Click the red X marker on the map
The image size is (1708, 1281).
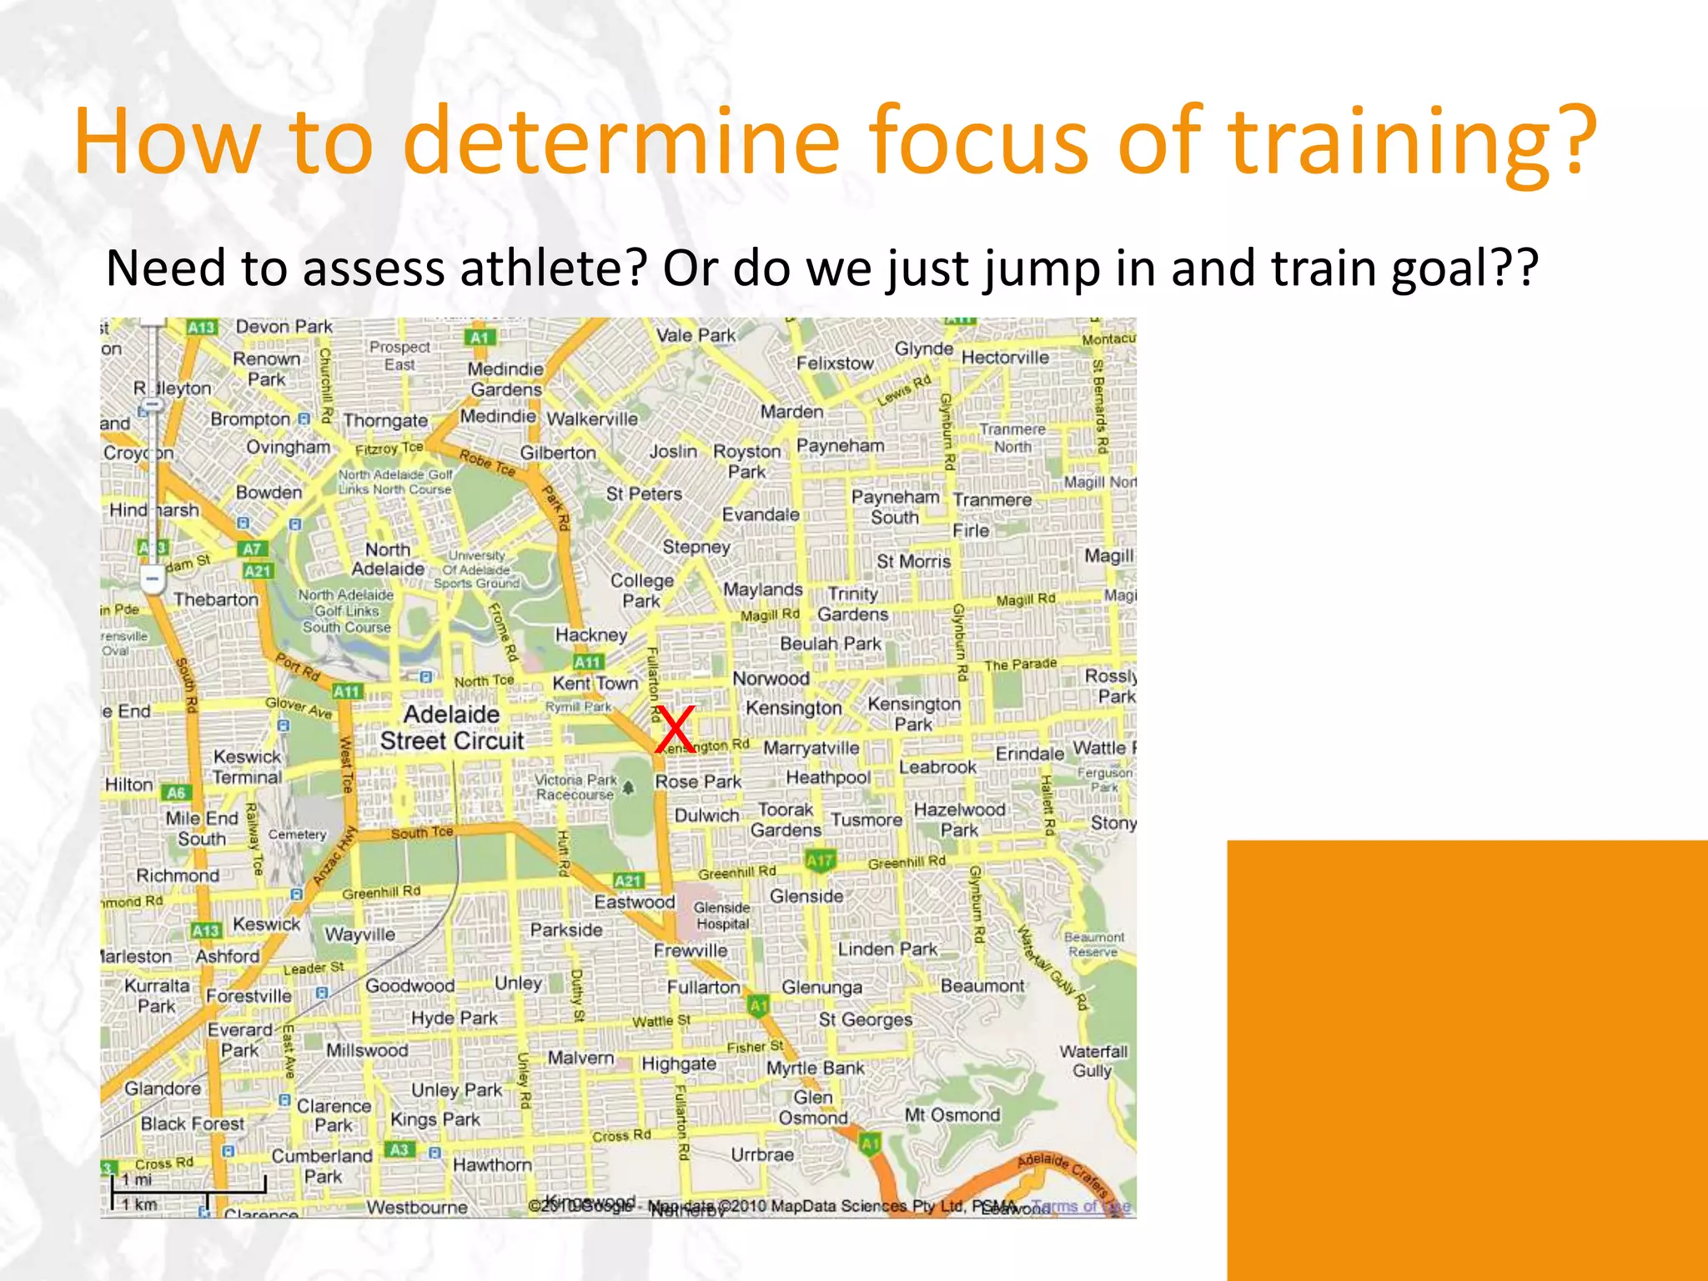[675, 729]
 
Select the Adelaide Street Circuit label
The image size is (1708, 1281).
[452, 727]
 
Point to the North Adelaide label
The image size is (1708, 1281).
[388, 560]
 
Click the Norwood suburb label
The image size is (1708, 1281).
[771, 678]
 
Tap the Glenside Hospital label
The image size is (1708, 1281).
[722, 915]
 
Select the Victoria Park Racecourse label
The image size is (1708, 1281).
[575, 786]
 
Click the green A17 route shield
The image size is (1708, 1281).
[819, 860]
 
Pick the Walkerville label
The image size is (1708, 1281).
[592, 419]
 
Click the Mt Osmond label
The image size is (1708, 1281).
[952, 1115]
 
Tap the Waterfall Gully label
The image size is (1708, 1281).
[1093, 1061]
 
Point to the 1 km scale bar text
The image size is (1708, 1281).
[139, 1204]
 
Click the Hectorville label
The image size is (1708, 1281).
[1005, 358]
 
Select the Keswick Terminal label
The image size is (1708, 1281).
[247, 766]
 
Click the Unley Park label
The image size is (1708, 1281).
[456, 1090]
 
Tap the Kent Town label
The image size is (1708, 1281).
[595, 683]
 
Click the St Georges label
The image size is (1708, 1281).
[865, 1019]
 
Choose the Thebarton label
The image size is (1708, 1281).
[216, 599]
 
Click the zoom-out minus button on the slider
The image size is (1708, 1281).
[152, 579]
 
